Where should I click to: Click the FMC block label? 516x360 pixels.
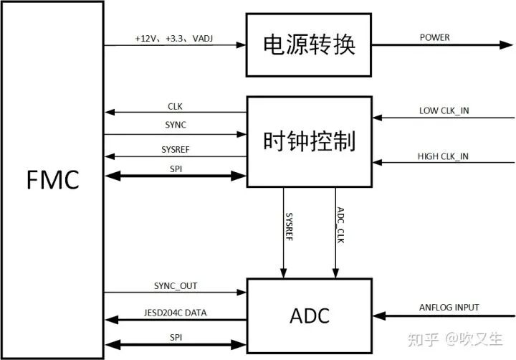click(53, 179)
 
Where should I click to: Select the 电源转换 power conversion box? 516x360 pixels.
click(310, 45)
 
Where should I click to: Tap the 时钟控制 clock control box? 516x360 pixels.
click(310, 142)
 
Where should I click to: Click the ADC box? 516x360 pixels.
click(310, 314)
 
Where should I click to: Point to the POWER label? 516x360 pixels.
click(435, 37)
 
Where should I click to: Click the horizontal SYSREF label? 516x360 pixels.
click(176, 150)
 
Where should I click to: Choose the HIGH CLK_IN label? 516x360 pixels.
click(444, 156)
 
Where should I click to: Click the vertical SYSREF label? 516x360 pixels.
click(289, 225)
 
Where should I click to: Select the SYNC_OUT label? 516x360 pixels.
click(176, 285)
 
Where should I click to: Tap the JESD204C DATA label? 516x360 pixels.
click(176, 312)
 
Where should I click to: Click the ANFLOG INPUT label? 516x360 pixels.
click(449, 308)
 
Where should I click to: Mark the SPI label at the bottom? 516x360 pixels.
click(175, 336)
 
